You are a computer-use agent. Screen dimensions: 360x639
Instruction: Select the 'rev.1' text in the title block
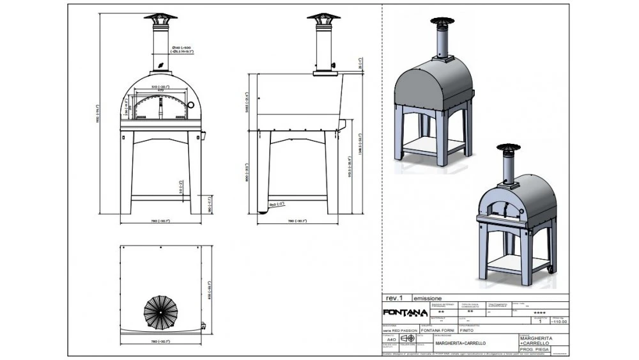[x=395, y=298]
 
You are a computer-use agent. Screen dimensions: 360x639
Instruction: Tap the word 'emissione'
[x=427, y=298]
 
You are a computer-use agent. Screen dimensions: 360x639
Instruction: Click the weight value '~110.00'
[x=559, y=322]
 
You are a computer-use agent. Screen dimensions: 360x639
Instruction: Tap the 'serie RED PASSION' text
[x=400, y=331]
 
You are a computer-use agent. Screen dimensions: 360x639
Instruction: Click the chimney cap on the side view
[x=324, y=18]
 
